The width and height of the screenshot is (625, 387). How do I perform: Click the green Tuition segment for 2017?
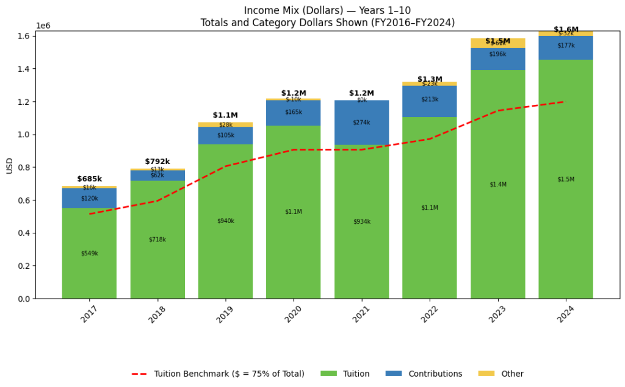89,268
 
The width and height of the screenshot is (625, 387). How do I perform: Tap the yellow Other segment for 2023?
497,43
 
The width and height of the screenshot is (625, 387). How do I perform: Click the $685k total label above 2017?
89,179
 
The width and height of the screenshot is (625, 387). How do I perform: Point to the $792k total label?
157,162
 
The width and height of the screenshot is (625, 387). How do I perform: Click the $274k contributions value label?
361,122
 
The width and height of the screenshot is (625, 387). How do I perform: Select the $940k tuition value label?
225,221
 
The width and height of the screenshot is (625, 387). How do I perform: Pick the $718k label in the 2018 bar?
157,240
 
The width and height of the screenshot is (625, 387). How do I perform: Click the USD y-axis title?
9,165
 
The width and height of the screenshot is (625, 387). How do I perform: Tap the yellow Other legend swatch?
486,374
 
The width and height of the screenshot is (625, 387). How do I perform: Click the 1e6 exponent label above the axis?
43,26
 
